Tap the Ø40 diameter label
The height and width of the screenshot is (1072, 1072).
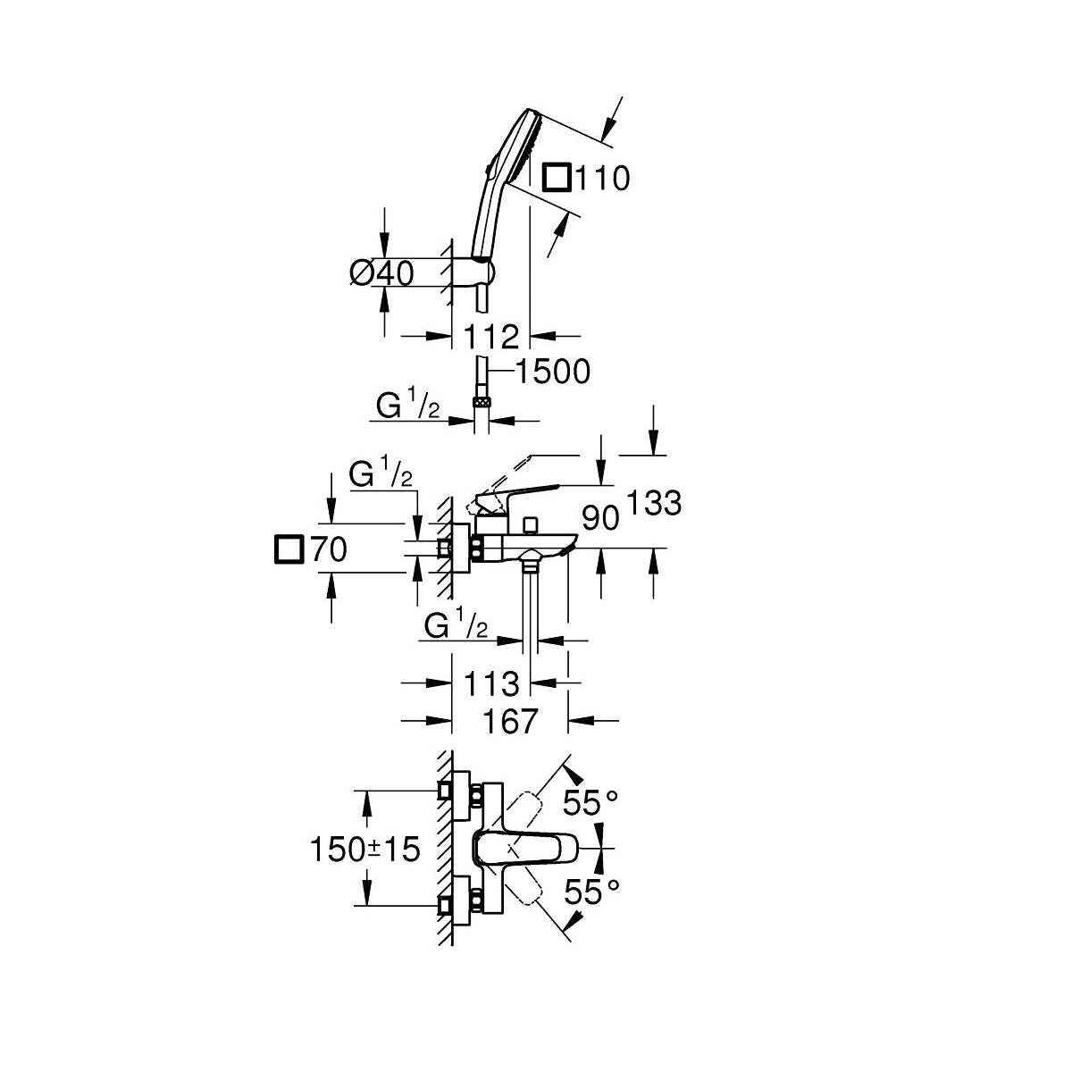382,272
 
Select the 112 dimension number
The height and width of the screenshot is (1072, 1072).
491,337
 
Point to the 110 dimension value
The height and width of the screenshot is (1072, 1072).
601,178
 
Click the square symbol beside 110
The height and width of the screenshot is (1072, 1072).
557,178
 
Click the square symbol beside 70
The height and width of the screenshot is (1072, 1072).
289,549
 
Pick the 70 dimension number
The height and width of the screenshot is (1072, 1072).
330,549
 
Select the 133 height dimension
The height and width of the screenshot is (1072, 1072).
654,503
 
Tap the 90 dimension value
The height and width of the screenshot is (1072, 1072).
600,518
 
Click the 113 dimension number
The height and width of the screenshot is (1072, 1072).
491,683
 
